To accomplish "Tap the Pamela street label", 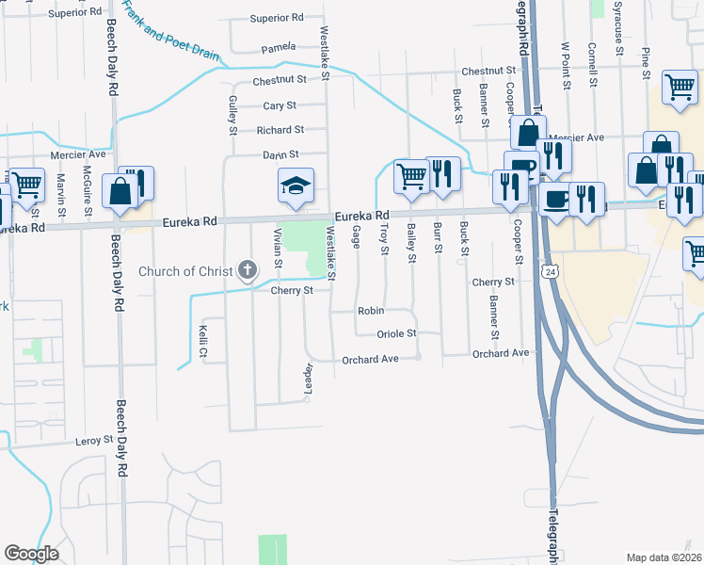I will pyautogui.click(x=279, y=46).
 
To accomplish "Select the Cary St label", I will pyautogui.click(x=280, y=105).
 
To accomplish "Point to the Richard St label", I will pyautogui.click(x=280, y=130).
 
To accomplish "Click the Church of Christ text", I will pyautogui.click(x=184, y=272).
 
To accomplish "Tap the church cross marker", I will pyautogui.click(x=248, y=272).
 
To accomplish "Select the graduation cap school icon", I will pyautogui.click(x=296, y=186).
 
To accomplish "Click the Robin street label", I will pyautogui.click(x=370, y=310).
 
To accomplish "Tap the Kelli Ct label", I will pyautogui.click(x=203, y=342).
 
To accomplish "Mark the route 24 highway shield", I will pyautogui.click(x=547, y=271).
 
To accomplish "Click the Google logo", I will pyautogui.click(x=31, y=554).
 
